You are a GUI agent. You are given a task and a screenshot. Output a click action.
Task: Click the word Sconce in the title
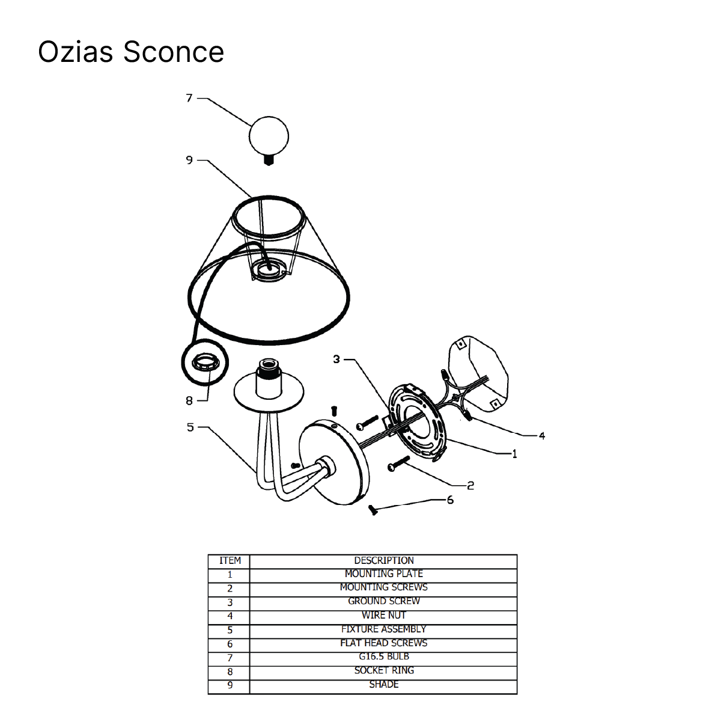point(174,52)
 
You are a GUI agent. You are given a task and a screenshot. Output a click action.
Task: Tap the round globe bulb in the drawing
point(269,136)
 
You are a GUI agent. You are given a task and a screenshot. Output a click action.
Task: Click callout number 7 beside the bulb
point(189,98)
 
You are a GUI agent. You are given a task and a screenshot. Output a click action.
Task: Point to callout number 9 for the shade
point(189,160)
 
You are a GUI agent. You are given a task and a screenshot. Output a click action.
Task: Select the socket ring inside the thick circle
point(204,363)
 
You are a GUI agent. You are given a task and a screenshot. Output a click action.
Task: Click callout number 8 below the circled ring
point(189,401)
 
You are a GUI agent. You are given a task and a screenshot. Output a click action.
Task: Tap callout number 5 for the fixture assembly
point(190,427)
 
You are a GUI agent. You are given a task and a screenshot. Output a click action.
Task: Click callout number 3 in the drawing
point(336,359)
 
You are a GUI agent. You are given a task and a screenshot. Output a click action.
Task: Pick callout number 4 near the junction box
point(541,436)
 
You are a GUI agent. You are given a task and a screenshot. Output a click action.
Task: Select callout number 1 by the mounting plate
point(514,454)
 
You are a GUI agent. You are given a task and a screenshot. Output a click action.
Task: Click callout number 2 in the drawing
point(470,486)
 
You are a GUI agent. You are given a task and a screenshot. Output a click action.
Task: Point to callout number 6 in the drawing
point(450,500)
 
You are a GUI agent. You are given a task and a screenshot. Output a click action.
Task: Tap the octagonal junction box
point(478,374)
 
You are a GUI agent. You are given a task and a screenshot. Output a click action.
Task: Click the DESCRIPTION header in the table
point(383,560)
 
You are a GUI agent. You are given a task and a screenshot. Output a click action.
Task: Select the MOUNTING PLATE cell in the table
point(383,574)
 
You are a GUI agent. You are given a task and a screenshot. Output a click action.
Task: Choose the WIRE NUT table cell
point(383,615)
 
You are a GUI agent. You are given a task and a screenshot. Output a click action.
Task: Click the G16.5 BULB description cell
point(383,656)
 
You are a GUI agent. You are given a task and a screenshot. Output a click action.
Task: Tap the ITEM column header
point(230,560)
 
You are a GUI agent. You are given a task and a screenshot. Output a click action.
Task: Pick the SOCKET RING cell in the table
point(383,670)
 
